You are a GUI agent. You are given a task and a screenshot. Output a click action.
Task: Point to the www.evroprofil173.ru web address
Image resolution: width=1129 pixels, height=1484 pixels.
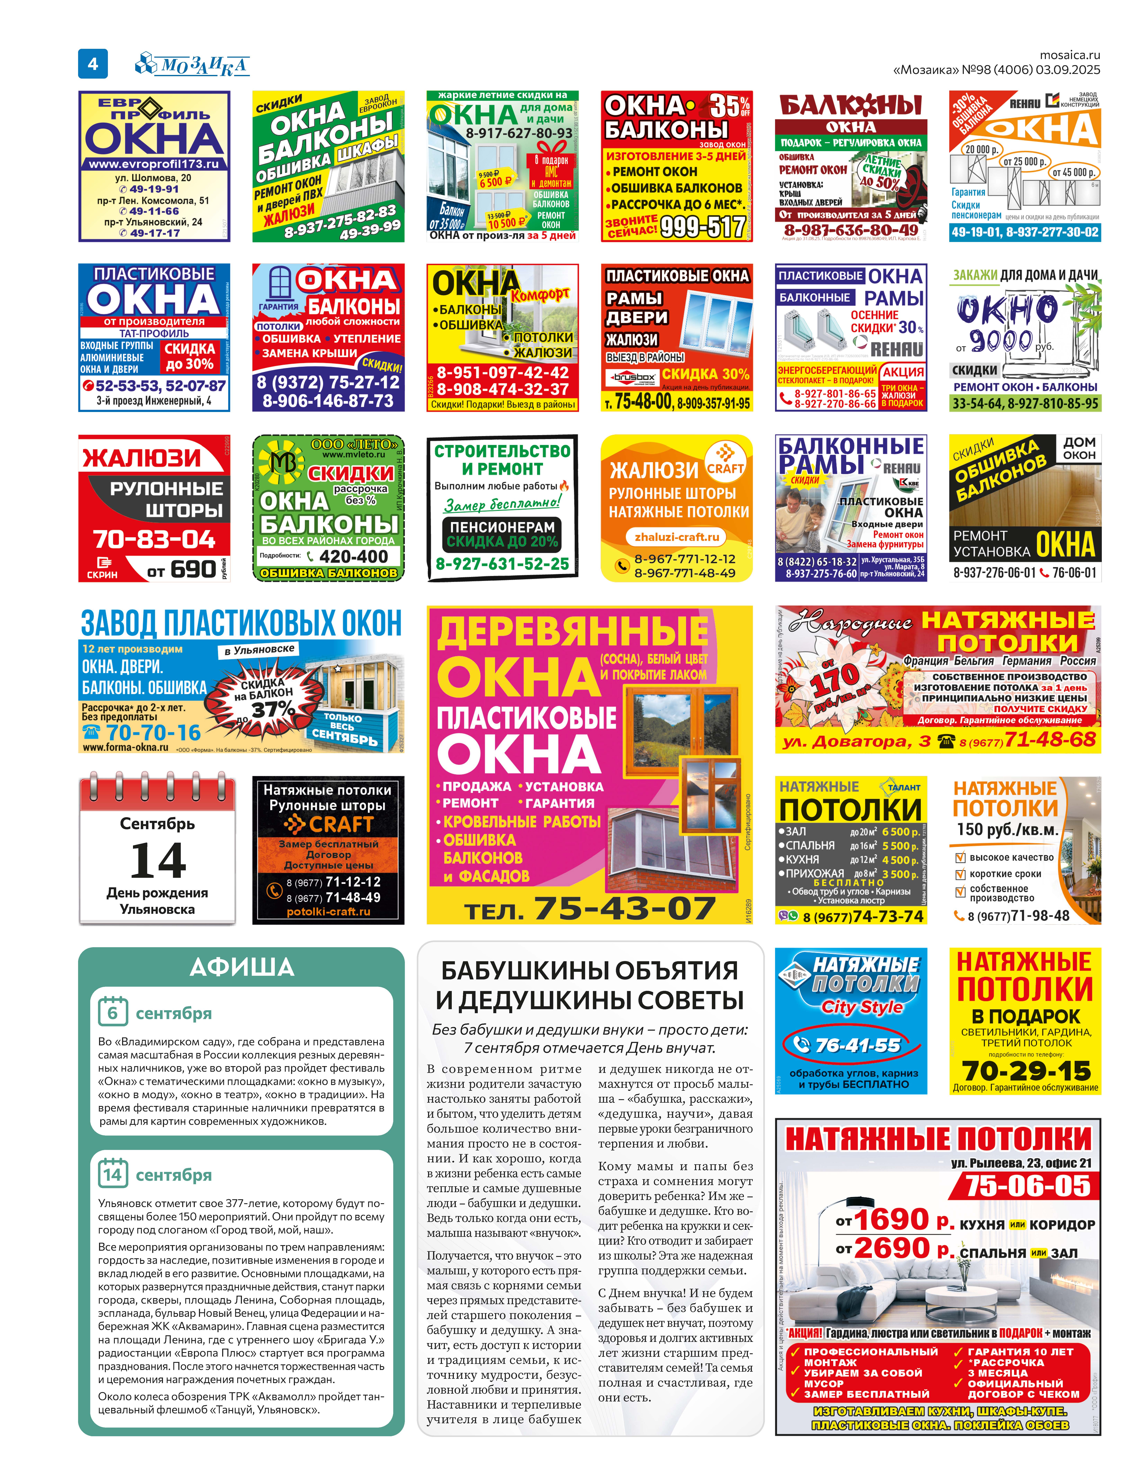[154, 164]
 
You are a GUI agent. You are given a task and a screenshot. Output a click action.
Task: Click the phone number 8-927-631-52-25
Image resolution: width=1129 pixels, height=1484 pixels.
[502, 564]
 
